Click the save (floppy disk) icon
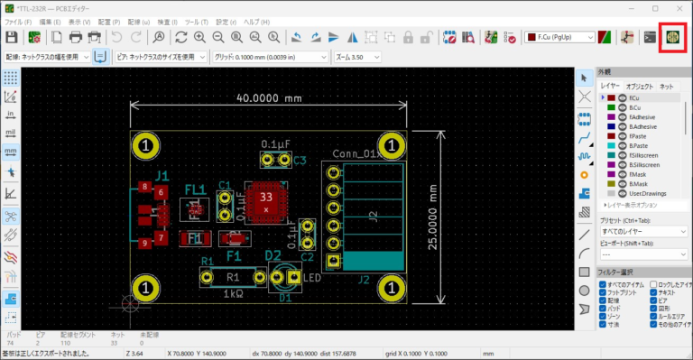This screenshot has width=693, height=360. point(12,37)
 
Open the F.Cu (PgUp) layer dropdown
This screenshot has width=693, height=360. point(559,37)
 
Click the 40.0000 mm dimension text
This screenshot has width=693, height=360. point(267,97)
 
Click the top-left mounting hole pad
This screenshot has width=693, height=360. point(146,144)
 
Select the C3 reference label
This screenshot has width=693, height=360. point(300,161)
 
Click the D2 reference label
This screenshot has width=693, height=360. point(274,256)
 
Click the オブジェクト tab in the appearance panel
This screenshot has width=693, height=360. point(639,87)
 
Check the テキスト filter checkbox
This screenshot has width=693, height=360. point(653,293)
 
